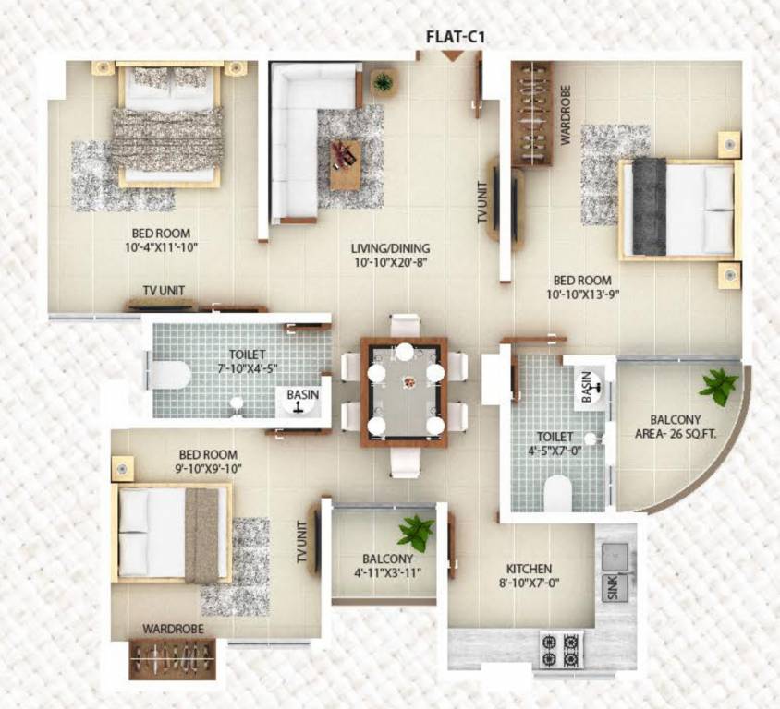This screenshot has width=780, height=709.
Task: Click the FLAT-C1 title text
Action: click(x=455, y=38)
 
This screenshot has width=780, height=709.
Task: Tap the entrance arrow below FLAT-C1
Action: click(x=452, y=56)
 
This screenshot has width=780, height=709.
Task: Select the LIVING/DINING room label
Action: click(x=390, y=248)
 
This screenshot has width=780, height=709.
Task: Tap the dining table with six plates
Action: click(x=404, y=388)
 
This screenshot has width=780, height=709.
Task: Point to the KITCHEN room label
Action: click(x=529, y=569)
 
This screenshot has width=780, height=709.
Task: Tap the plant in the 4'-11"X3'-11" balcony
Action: click(x=415, y=532)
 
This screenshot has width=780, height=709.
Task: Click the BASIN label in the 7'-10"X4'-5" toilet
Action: click(x=302, y=394)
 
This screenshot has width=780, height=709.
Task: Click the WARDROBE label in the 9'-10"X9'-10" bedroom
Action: click(x=173, y=629)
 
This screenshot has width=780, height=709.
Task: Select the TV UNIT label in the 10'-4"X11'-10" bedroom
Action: click(x=163, y=290)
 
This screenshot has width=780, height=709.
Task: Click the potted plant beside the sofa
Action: click(x=383, y=82)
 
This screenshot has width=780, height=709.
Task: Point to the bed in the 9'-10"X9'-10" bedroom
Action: click(x=171, y=533)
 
